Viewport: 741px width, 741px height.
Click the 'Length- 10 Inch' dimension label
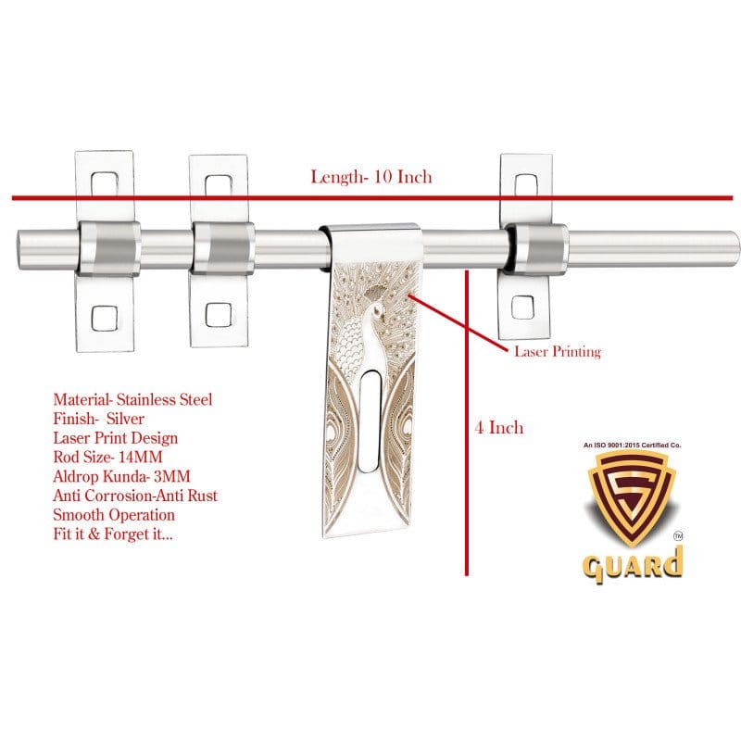pos(370,177)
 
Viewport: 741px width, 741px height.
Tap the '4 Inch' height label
pos(499,427)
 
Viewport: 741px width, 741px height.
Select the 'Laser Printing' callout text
pos(558,352)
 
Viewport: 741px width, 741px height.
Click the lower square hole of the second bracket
pos(219,312)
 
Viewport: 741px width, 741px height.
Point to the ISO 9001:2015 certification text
pos(632,446)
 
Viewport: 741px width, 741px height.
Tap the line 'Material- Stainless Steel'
pos(132,400)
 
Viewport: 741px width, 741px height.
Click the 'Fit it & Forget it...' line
pos(114,534)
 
